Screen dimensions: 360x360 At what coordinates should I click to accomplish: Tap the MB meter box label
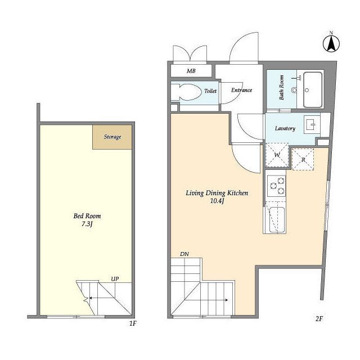[x=191, y=71]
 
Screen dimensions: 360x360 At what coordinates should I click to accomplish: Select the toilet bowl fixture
[x=186, y=92]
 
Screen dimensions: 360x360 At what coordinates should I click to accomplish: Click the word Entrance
[x=241, y=90]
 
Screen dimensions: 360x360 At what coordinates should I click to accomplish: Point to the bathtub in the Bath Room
[x=313, y=90]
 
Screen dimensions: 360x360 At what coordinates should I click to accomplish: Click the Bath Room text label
[x=281, y=88]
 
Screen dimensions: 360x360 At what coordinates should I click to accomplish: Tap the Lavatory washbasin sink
[x=312, y=125]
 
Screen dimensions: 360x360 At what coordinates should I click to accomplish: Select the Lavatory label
[x=285, y=128]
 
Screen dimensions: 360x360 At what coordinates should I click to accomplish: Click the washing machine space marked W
[x=277, y=155]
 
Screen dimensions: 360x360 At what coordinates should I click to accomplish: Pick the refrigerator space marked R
[x=303, y=159]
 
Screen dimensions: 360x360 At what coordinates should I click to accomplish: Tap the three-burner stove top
[x=276, y=186]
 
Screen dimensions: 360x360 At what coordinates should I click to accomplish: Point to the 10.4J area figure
[x=217, y=201]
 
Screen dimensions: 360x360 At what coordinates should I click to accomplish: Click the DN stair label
[x=184, y=254]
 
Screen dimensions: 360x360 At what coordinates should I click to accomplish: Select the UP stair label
[x=115, y=279]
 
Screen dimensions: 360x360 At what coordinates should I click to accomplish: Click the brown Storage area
[x=112, y=137]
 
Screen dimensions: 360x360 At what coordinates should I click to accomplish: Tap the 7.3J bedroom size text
[x=87, y=224]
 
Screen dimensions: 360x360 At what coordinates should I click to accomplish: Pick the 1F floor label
[x=133, y=323]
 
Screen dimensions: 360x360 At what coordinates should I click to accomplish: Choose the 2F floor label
[x=319, y=319]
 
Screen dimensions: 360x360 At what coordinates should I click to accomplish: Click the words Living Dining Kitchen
[x=217, y=193]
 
